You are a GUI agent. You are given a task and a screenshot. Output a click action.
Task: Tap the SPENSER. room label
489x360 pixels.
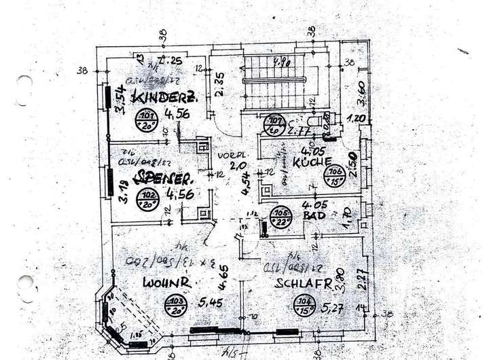pyautogui.click(x=164, y=178)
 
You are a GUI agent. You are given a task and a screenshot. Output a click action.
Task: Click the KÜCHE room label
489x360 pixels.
pyautogui.click(x=312, y=163)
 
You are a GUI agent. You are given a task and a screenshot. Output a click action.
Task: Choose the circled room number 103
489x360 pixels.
pyautogui.click(x=177, y=305)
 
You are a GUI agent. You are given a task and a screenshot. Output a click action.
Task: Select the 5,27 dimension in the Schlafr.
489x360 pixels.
pyautogui.click(x=332, y=309)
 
